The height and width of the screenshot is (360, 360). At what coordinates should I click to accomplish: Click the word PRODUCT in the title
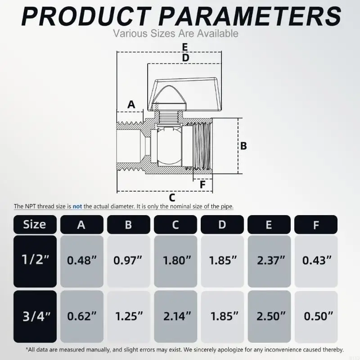(x=86, y=17)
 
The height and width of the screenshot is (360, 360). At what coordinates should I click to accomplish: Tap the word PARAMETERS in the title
(x=250, y=17)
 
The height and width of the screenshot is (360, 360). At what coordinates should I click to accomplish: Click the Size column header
(x=35, y=224)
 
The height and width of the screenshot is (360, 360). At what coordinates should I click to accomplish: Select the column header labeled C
(x=175, y=224)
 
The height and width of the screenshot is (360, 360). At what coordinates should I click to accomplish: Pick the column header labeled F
(x=316, y=224)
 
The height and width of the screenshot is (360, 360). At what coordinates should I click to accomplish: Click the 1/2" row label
(x=35, y=261)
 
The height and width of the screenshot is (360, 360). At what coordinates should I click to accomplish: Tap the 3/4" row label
(x=35, y=316)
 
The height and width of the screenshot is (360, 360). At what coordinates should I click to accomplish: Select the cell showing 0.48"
(x=82, y=261)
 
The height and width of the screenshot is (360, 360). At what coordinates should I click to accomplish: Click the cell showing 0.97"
(x=129, y=261)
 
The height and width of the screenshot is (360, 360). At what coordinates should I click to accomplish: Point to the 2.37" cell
(x=269, y=261)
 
